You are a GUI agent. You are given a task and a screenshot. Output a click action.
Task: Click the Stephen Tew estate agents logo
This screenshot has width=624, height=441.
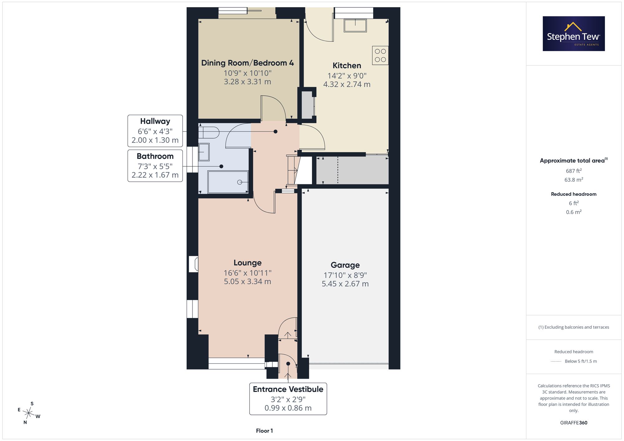click(574, 34)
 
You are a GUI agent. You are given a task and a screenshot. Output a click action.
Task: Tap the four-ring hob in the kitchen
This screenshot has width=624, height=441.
click(380, 55)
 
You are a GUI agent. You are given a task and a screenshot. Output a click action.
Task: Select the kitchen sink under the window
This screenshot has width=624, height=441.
click(355, 26)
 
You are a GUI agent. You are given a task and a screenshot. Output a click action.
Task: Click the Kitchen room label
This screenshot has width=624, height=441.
click(347, 65)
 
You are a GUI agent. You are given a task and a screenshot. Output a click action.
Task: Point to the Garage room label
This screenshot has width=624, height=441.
click(345, 265)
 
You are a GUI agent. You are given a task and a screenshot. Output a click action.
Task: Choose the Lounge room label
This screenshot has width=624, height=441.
click(247, 263)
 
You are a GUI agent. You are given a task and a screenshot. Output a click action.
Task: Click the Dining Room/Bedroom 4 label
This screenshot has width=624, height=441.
click(247, 63)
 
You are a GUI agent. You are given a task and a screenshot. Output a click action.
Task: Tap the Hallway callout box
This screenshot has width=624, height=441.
click(155, 131)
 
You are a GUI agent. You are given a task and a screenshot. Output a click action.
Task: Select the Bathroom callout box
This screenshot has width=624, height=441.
click(155, 166)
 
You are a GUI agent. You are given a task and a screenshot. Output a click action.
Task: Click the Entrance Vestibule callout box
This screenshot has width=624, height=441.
click(288, 399)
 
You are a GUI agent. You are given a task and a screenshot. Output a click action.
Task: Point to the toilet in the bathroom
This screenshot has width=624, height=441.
click(209, 132)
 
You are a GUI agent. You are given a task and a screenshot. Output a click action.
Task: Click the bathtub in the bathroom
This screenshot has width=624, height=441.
click(228, 182)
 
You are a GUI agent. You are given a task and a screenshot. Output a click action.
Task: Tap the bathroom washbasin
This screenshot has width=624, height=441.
click(204, 152)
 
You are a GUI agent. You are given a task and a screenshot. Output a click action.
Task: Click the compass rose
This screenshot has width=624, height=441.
click(29, 413)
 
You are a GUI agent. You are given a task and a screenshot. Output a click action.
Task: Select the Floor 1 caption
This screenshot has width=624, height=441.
click(264, 431)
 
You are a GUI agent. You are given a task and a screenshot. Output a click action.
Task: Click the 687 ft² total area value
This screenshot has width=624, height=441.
click(574, 171)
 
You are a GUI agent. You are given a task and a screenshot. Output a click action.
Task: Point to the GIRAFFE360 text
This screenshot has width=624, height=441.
click(574, 423)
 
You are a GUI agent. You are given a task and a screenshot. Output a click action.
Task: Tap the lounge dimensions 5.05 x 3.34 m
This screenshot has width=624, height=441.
click(247, 281)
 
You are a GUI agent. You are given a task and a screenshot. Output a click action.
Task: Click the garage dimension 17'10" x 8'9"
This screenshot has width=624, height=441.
click(345, 275)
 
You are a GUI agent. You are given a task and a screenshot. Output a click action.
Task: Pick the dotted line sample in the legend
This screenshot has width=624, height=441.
click(556, 362)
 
